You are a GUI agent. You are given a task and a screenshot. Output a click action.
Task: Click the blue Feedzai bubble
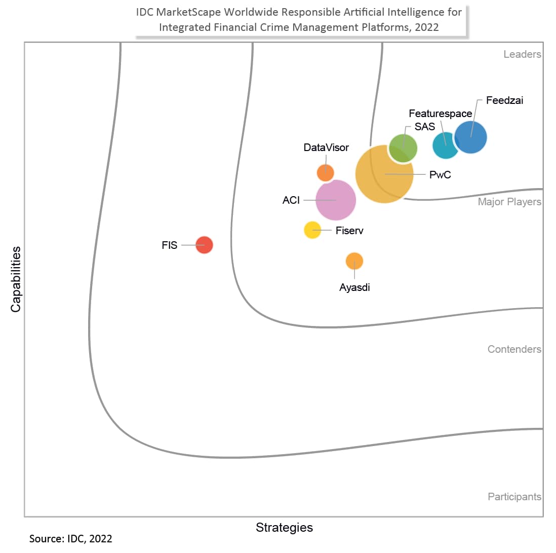click(x=471, y=137)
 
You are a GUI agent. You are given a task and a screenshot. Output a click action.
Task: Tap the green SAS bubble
click(x=403, y=148)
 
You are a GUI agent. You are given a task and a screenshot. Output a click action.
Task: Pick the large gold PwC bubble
click(x=384, y=174)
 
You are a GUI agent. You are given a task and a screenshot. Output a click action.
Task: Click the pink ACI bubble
click(x=335, y=200)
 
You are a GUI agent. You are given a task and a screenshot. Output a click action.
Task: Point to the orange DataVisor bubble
click(x=325, y=173)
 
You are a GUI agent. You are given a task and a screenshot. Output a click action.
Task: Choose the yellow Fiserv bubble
click(x=312, y=230)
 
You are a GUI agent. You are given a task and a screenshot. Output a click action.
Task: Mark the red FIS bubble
click(x=204, y=245)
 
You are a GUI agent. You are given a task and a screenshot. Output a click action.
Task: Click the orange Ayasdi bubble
click(x=354, y=261)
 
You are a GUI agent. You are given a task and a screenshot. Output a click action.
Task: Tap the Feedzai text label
click(x=504, y=100)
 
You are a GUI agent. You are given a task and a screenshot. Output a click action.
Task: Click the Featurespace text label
click(x=440, y=114)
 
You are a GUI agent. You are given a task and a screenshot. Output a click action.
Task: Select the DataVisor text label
click(x=326, y=148)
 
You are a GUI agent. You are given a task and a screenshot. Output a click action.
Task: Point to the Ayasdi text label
click(x=354, y=287)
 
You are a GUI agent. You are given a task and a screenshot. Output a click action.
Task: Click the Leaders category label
click(x=522, y=54)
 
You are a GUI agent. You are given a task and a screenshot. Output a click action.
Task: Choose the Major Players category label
click(x=509, y=202)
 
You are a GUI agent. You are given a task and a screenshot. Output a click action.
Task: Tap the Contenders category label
click(x=514, y=349)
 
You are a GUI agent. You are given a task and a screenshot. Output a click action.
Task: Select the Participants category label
click(x=514, y=497)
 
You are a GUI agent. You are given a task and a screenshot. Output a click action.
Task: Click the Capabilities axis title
click(x=16, y=279)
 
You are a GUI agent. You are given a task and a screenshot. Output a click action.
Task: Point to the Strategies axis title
click(x=284, y=527)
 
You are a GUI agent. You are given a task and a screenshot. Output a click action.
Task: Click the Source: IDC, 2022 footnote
click(x=70, y=538)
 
